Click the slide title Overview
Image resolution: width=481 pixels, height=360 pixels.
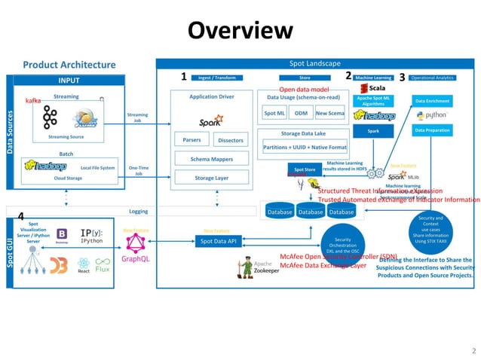point(240,30)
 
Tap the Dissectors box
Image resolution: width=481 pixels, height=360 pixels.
point(230,140)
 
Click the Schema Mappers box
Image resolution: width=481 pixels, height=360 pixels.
point(211,159)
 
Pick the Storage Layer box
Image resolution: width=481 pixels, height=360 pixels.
point(211,178)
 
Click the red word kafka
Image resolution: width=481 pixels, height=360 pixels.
point(33,100)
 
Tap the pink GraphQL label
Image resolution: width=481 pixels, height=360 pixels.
point(136,258)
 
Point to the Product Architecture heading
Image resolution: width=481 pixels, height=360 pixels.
point(69,65)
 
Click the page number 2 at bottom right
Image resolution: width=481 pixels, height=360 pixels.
point(473,351)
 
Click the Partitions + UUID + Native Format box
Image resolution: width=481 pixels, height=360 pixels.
point(305,147)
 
